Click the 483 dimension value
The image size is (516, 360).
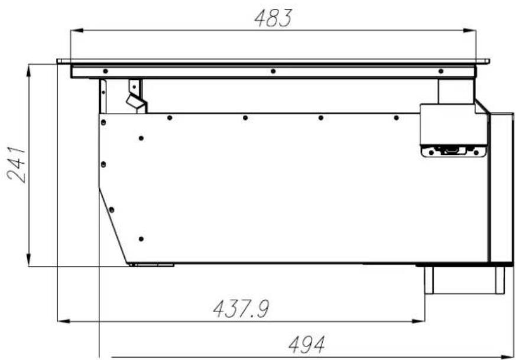273,18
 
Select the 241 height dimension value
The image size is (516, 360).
17,164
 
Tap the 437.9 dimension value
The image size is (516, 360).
241,309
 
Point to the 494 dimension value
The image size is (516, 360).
307,345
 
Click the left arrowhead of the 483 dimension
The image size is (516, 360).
77,30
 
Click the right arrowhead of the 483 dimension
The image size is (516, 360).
469,30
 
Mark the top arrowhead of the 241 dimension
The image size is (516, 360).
28,71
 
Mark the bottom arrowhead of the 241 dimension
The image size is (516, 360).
28,260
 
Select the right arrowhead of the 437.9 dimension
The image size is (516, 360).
418,321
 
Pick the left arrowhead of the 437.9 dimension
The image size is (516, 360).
64,321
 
